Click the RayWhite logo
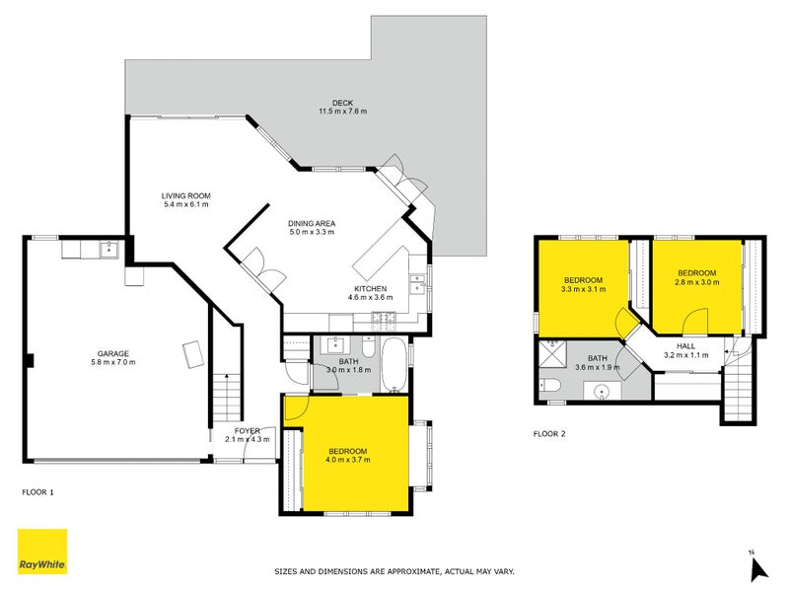coord(42,552)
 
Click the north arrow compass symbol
coord(757,567)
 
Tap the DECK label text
coord(342,102)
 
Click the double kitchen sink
coord(418,285)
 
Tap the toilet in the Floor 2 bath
coord(551,384)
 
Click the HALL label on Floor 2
coord(685,346)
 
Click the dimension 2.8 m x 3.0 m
coord(696,282)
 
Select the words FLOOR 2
coord(549,433)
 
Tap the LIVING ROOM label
coord(186,195)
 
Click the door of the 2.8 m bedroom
coord(694,320)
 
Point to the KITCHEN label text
coord(371,288)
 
